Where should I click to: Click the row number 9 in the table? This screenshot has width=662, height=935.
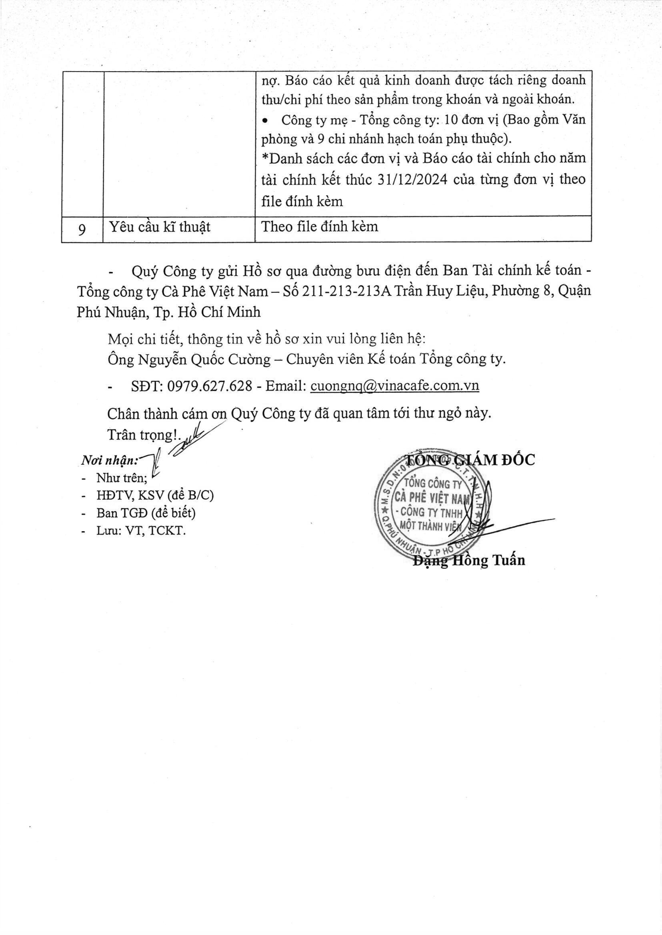(82, 229)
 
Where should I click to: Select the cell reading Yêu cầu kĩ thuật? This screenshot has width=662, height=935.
(160, 227)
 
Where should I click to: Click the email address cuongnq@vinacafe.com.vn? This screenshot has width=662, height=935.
(394, 386)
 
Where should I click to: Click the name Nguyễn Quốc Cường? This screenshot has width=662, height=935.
(204, 359)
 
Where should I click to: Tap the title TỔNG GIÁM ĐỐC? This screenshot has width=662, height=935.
(469, 460)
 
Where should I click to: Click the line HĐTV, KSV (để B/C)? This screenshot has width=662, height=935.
(155, 495)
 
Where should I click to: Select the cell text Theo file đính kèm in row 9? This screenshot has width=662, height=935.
(320, 227)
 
